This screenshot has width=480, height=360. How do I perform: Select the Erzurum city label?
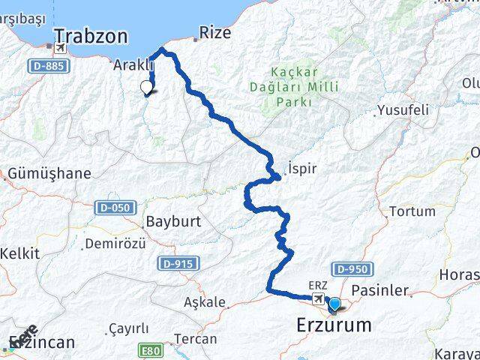point(334,325)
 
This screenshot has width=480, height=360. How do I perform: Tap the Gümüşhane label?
point(49,174)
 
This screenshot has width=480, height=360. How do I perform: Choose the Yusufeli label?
point(404,110)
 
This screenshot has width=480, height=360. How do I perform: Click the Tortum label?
point(412,211)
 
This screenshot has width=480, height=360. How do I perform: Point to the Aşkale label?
point(205,302)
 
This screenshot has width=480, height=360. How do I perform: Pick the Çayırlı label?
point(128,328)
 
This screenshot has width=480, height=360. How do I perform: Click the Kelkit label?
point(19,253)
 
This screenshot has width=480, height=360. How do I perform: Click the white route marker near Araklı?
point(147,88)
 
